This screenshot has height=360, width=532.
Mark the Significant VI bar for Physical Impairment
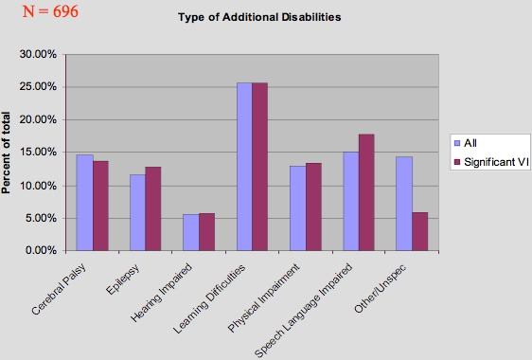coord(313,207)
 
